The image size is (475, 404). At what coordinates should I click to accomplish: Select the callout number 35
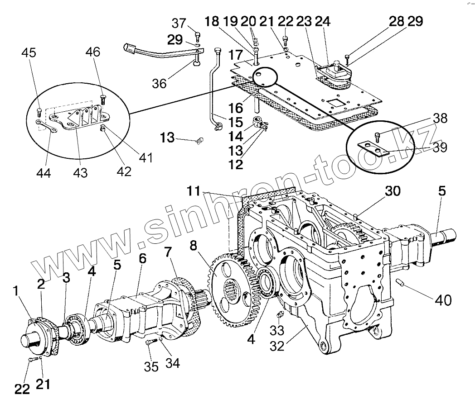point(151,366)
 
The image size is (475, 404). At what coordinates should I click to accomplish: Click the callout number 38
point(440,119)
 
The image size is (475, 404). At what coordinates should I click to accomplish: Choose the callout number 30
point(393,191)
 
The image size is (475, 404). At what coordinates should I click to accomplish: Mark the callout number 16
point(237,108)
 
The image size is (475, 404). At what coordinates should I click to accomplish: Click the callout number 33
point(277,331)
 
